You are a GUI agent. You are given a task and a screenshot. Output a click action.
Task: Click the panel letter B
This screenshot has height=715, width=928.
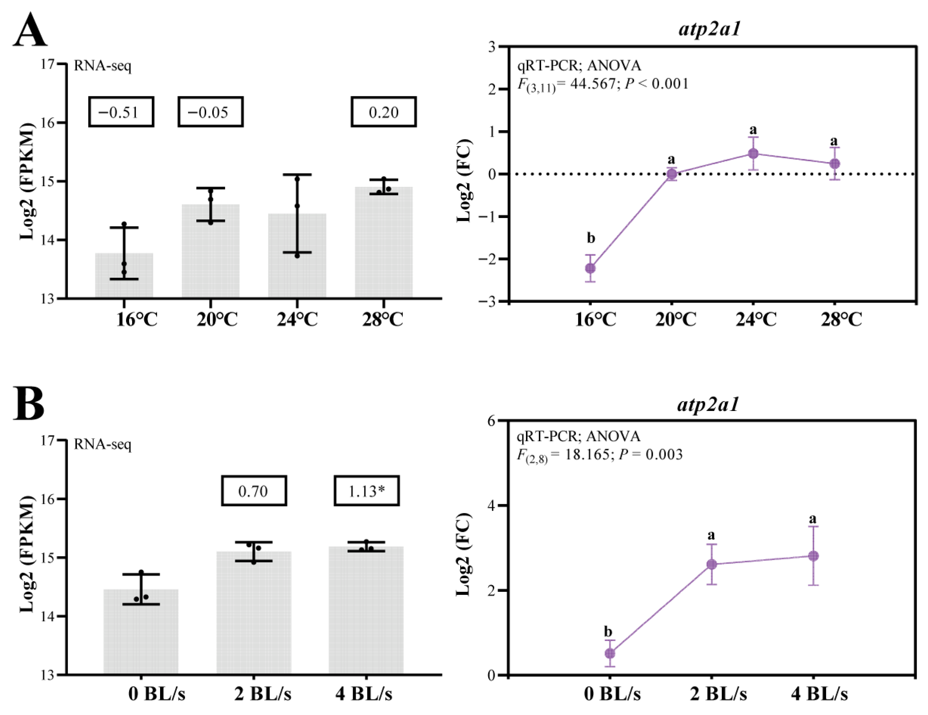pyautogui.click(x=29, y=403)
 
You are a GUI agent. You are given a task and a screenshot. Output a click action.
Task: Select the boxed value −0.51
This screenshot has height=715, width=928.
pyautogui.click(x=121, y=112)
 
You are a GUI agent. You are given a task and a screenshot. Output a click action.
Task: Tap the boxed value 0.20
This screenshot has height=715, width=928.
pyautogui.click(x=383, y=112)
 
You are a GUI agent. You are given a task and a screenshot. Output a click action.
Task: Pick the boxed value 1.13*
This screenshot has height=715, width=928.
pyautogui.click(x=366, y=491)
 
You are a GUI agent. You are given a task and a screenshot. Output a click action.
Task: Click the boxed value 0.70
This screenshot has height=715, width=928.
pyautogui.click(x=254, y=491)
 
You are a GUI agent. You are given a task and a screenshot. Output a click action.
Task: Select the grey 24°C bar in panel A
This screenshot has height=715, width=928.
pyautogui.click(x=297, y=264)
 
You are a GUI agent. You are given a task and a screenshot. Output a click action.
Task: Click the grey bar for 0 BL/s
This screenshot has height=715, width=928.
pyautogui.click(x=141, y=633)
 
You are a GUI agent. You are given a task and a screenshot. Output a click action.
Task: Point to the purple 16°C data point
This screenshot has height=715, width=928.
pyautogui.click(x=590, y=268)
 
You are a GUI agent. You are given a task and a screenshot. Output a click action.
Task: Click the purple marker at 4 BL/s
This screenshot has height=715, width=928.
pyautogui.click(x=813, y=556)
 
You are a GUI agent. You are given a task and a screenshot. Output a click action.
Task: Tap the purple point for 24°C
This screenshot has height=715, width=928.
pyautogui.click(x=753, y=153)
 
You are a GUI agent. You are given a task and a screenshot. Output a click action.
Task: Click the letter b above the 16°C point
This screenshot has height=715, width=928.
pyautogui.click(x=590, y=238)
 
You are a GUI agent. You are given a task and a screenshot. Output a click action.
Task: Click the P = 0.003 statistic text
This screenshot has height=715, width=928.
pyautogui.click(x=650, y=454)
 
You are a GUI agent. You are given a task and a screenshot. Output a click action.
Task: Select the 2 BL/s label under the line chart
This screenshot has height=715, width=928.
pyautogui.click(x=718, y=694)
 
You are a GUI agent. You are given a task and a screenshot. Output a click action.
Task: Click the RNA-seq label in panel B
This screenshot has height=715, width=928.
pyautogui.click(x=102, y=444)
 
